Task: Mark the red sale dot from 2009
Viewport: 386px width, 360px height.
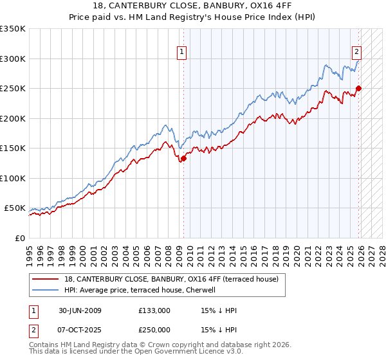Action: [x=183, y=157]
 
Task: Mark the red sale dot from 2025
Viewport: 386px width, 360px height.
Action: [x=359, y=88]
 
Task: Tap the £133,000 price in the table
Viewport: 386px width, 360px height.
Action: [x=154, y=311]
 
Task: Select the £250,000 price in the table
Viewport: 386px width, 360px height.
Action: [x=154, y=330]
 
